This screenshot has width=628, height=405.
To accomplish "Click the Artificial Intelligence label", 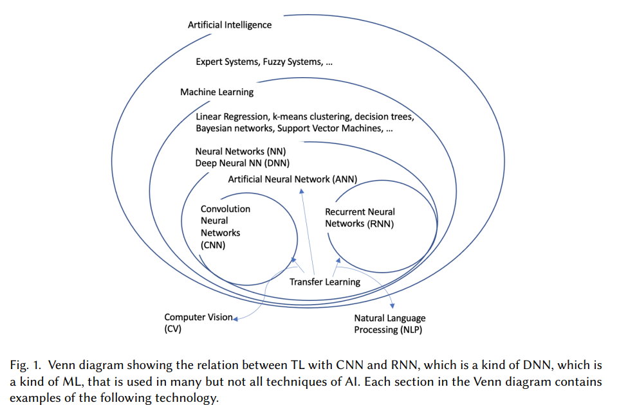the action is click(x=230, y=25).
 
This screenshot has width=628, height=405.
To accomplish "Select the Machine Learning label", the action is click(x=217, y=92).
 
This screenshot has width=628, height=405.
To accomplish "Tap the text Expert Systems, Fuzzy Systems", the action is click(x=259, y=62).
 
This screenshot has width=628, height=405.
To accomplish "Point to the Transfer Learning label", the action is click(x=325, y=282).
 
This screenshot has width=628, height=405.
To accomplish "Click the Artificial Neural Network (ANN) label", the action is click(x=292, y=179).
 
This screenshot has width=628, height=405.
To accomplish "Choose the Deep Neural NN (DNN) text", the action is click(x=243, y=163).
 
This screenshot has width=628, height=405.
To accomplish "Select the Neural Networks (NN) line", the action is click(x=241, y=151).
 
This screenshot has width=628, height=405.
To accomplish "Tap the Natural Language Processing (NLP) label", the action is click(x=390, y=324).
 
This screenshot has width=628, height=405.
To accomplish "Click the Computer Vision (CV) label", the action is click(x=198, y=323).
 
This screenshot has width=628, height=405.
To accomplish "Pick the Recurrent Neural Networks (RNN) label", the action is click(x=360, y=218).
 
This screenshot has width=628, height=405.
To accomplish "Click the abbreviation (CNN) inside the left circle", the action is click(x=213, y=245).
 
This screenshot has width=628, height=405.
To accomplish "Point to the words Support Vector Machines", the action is click(x=330, y=128).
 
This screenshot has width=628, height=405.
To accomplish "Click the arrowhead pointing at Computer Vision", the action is click(x=235, y=319).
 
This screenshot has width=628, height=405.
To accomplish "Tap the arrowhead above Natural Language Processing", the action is click(x=392, y=306).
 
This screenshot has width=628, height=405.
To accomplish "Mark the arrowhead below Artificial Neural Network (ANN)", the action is click(x=302, y=192).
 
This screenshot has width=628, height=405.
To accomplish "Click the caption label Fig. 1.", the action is click(x=26, y=365).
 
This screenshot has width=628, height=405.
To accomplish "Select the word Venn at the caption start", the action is click(x=62, y=365).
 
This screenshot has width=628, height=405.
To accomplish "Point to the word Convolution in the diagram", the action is click(x=225, y=209).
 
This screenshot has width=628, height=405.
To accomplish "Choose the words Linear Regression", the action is click(x=232, y=116).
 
